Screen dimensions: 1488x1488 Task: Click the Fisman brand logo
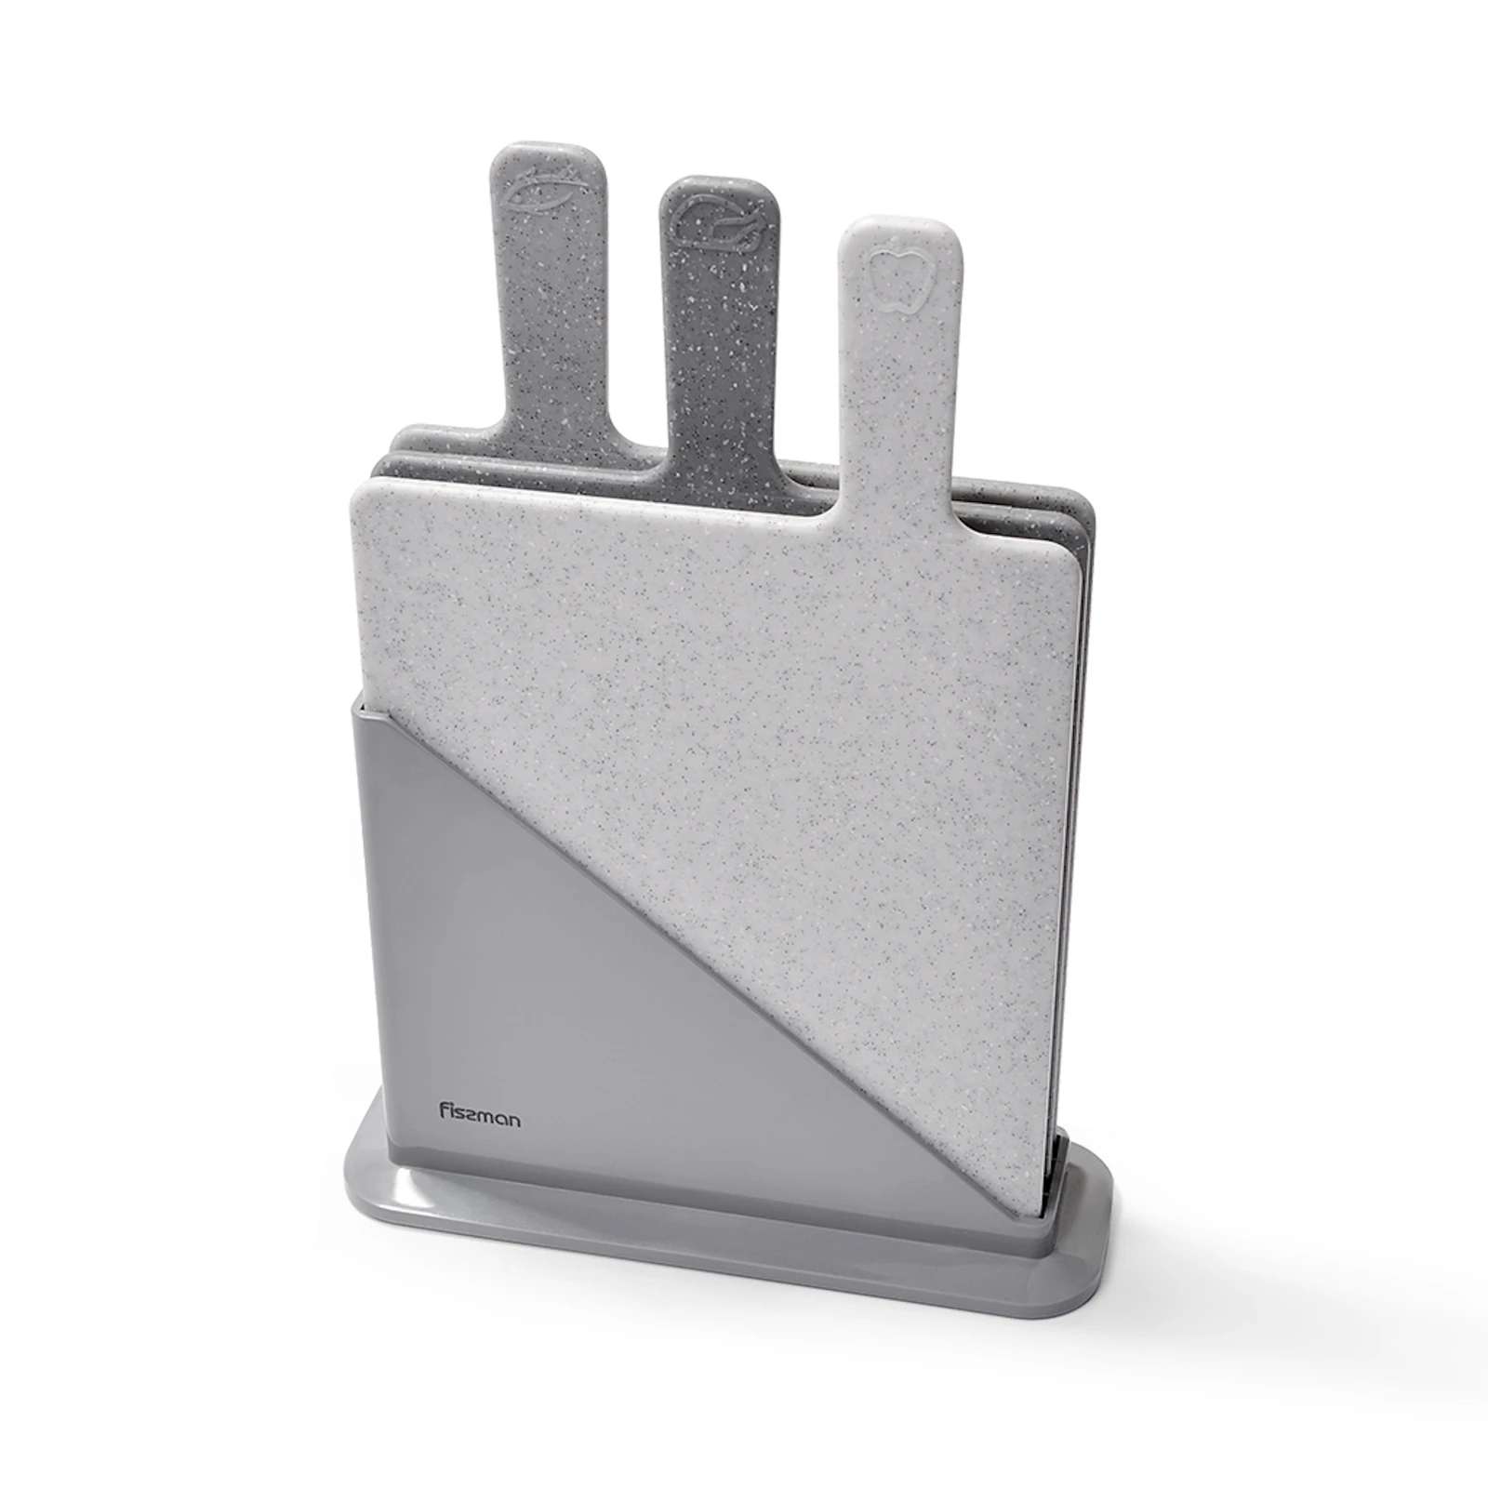pos(480,1114)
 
